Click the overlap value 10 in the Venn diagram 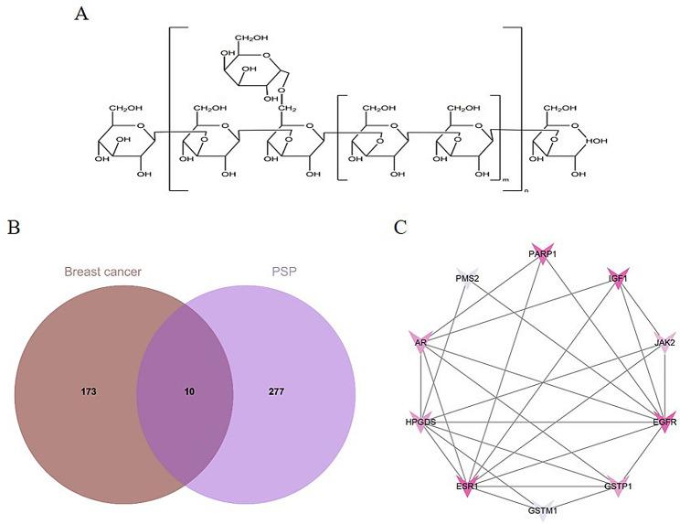(188, 390)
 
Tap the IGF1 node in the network (619, 280)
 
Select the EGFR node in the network (664, 422)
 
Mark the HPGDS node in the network (421, 422)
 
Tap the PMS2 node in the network (467, 280)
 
